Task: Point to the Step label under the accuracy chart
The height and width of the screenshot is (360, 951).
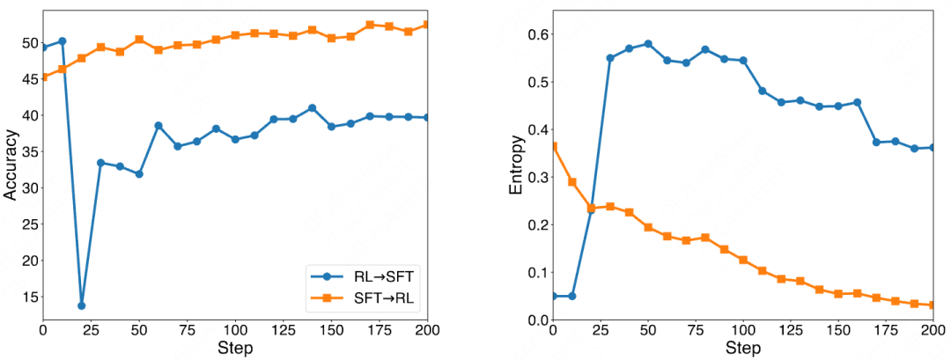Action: [x=234, y=349]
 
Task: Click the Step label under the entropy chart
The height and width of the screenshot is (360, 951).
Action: [x=743, y=349]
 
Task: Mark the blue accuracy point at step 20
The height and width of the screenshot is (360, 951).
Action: [x=82, y=305]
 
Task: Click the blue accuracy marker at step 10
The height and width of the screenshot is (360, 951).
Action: [x=63, y=41]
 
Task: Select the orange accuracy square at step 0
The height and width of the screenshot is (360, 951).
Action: [x=43, y=77]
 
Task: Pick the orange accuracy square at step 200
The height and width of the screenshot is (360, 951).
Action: [x=426, y=25]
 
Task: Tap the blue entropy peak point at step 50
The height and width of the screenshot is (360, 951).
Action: [x=648, y=44]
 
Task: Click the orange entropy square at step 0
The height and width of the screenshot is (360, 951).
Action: [x=553, y=146]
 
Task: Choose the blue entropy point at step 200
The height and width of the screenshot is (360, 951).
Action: [x=934, y=148]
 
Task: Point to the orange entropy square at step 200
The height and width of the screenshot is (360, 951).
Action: [x=934, y=305]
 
